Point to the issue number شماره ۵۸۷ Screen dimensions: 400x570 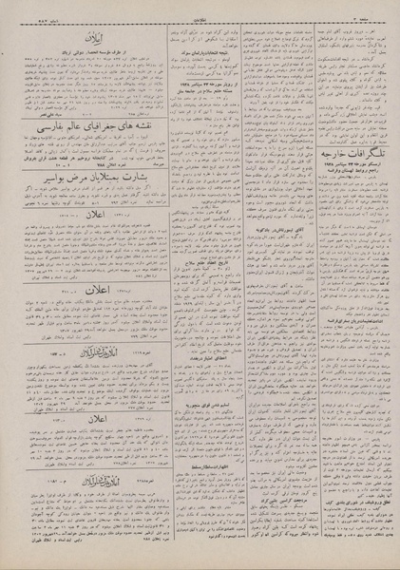31,13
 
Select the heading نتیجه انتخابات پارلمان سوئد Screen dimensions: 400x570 202,60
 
